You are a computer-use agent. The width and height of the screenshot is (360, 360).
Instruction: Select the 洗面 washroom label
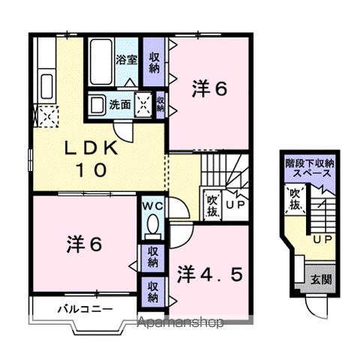click(120, 103)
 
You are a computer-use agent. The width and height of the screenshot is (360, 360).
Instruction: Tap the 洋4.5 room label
click(210, 274)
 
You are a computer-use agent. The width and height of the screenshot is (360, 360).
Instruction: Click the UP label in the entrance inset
click(323, 239)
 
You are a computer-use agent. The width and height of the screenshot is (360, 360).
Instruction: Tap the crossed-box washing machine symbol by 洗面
click(145, 103)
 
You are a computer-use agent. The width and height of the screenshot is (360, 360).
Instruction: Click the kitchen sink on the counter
click(45, 84)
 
